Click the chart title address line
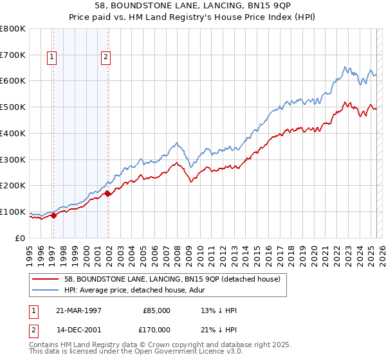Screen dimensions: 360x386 click(193, 6)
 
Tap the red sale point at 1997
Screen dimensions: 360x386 click(53, 215)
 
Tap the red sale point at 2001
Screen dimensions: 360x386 click(107, 193)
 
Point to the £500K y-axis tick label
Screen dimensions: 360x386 click(13, 107)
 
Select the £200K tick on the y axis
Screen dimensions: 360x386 click(13, 186)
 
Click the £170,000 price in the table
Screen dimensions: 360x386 click(156, 329)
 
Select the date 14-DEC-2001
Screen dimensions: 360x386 click(78, 329)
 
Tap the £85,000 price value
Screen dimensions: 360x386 click(156, 310)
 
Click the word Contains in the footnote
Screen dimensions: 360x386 click(45, 345)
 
